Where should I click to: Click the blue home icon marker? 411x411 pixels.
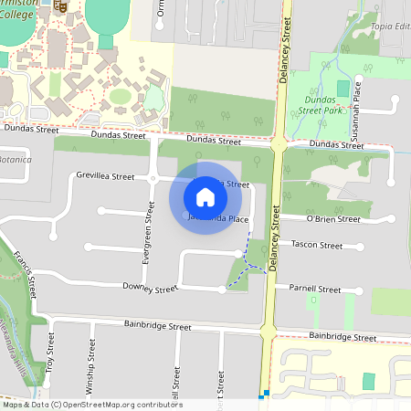tap(205, 196)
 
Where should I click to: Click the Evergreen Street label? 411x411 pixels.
tap(146, 235)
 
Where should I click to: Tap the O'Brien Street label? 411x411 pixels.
tap(335, 219)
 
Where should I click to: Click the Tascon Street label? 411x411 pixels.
tap(316, 245)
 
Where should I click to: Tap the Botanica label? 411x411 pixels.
tap(16, 159)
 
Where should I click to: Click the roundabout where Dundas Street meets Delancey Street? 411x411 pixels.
tap(279, 143)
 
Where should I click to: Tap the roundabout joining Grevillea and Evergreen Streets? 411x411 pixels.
tap(153, 177)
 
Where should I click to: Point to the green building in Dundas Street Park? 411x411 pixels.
tap(343, 89)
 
